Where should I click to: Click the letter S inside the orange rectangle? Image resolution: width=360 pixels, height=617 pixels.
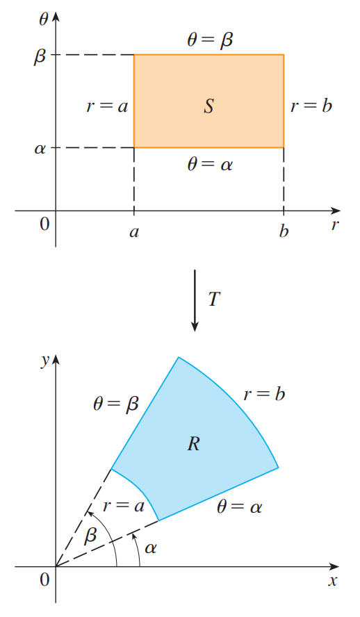click(x=209, y=106)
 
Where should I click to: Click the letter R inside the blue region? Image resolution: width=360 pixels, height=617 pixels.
click(x=194, y=444)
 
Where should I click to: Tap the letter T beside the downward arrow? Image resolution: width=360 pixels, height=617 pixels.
click(x=213, y=299)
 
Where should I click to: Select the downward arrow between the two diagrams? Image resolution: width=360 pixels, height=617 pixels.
click(x=195, y=300)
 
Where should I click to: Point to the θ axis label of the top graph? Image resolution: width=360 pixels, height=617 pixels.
click(x=44, y=19)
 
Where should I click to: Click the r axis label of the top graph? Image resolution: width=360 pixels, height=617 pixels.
click(x=335, y=225)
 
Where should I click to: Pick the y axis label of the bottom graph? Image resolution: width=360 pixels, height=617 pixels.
click(x=44, y=360)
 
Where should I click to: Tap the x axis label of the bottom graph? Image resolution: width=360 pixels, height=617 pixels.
click(x=333, y=581)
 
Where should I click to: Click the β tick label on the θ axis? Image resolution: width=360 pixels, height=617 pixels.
click(x=40, y=56)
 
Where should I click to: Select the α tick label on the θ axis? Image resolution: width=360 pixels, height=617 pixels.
click(x=40, y=149)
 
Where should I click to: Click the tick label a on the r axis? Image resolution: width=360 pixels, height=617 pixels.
click(x=134, y=232)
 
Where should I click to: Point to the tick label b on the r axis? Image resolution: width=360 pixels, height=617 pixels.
click(x=284, y=231)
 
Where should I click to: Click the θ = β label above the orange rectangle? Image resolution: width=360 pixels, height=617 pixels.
click(x=210, y=40)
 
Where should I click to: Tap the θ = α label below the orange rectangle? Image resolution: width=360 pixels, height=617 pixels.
click(x=210, y=164)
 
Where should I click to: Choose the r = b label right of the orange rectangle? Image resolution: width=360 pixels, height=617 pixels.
click(x=311, y=105)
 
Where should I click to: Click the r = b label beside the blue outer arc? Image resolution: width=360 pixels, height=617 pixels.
click(x=264, y=393)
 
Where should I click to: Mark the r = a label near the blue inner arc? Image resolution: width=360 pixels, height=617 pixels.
click(x=124, y=506)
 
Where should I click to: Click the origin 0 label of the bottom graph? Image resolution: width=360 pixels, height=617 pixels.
click(x=44, y=579)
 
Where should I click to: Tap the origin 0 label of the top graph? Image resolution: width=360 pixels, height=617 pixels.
click(x=44, y=224)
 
